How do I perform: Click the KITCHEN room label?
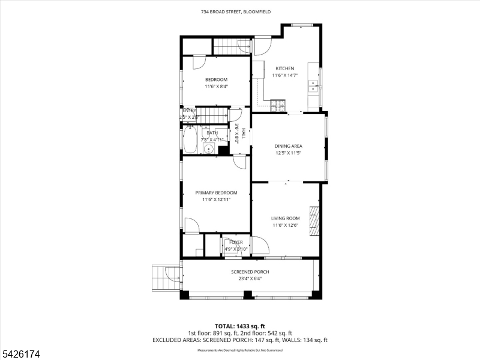(x=285, y=68)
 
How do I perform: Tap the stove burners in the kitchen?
(x=279, y=106)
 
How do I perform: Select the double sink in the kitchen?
(x=313, y=86)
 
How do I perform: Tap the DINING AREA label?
(x=288, y=146)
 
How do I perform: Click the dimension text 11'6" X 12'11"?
(x=216, y=199)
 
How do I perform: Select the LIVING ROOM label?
(x=286, y=218)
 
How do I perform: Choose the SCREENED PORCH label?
(x=250, y=272)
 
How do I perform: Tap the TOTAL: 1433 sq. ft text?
(x=240, y=326)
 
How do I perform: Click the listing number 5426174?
(x=21, y=355)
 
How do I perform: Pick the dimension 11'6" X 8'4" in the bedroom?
(x=216, y=86)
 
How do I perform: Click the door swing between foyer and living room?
(x=259, y=245)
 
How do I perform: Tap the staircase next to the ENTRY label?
(x=213, y=114)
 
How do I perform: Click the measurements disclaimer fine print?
(x=240, y=349)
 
